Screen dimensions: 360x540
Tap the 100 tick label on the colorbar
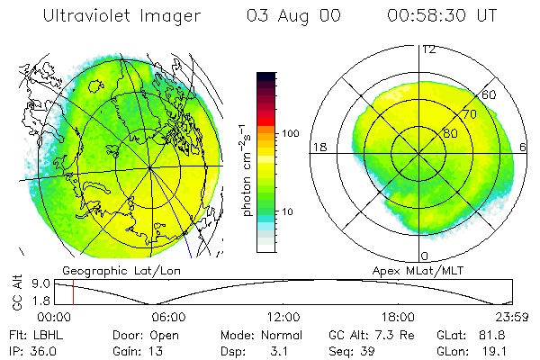(292, 133)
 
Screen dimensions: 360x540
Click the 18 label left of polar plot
(319, 147)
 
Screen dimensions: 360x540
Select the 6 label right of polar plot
(524, 147)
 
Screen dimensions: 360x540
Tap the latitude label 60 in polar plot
(490, 94)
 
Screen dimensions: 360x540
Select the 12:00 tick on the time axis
(283, 318)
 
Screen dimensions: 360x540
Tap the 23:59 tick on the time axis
(510, 318)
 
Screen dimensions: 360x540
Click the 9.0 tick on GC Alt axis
(40, 283)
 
